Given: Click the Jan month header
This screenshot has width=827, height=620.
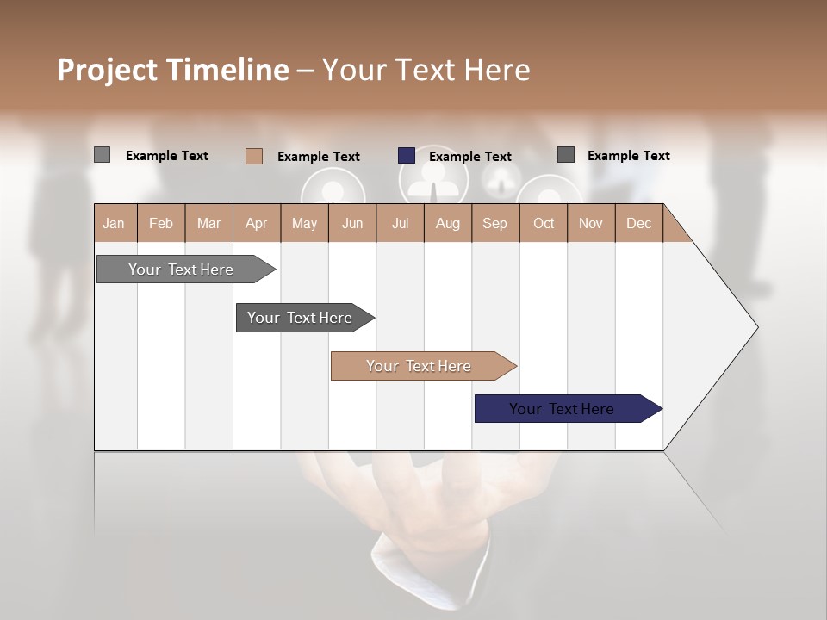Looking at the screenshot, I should (114, 223).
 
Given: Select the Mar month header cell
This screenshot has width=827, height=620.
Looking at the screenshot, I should (208, 223).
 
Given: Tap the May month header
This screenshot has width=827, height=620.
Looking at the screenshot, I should (304, 223).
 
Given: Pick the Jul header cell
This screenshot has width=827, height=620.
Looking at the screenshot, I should (400, 223).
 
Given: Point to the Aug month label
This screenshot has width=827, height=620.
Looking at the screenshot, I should (447, 223).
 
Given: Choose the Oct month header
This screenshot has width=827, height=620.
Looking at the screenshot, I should (544, 223).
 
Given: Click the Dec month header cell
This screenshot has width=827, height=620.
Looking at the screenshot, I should (638, 223).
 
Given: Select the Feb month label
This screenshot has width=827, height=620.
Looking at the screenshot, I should (161, 223).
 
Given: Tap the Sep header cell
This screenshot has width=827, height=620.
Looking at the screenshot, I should (494, 223).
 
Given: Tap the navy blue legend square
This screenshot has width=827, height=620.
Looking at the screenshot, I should (407, 156).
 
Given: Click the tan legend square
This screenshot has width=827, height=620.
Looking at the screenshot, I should (254, 156).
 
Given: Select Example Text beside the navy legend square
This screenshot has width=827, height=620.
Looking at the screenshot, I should (469, 157).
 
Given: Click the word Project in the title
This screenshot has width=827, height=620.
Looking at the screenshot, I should (107, 70).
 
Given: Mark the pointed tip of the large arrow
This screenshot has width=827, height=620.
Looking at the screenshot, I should (755, 327).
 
